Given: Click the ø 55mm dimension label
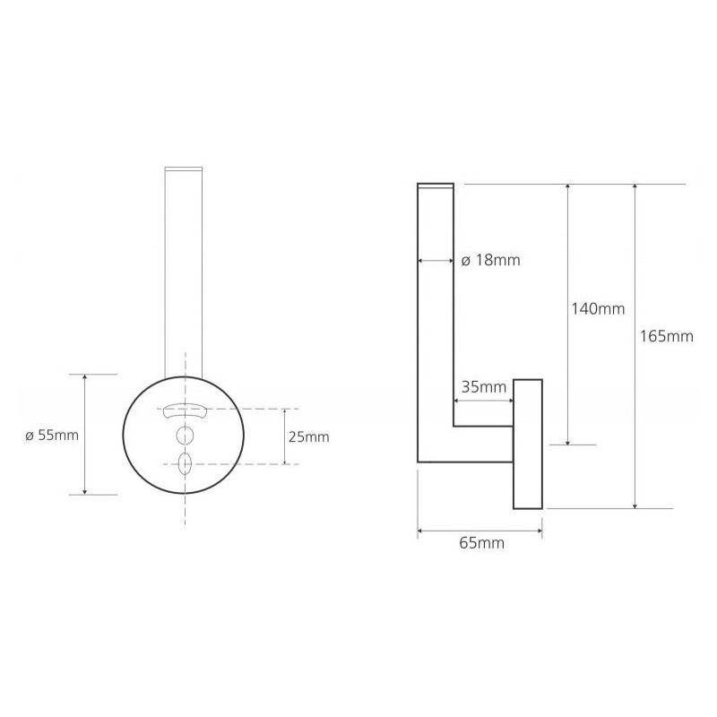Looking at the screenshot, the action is (x=52, y=435).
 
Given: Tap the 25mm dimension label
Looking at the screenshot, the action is (x=308, y=437).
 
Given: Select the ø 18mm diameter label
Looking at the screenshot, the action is (x=490, y=260).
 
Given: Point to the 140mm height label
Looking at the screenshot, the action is (x=598, y=309).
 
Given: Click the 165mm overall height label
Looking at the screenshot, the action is (x=666, y=337).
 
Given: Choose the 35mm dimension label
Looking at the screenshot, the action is (x=484, y=387).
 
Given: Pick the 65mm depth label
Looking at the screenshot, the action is (x=481, y=543).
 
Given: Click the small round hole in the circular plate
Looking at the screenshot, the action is (x=185, y=436).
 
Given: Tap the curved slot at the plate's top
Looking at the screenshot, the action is (x=184, y=410).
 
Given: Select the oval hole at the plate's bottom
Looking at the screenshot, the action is (x=185, y=463).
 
